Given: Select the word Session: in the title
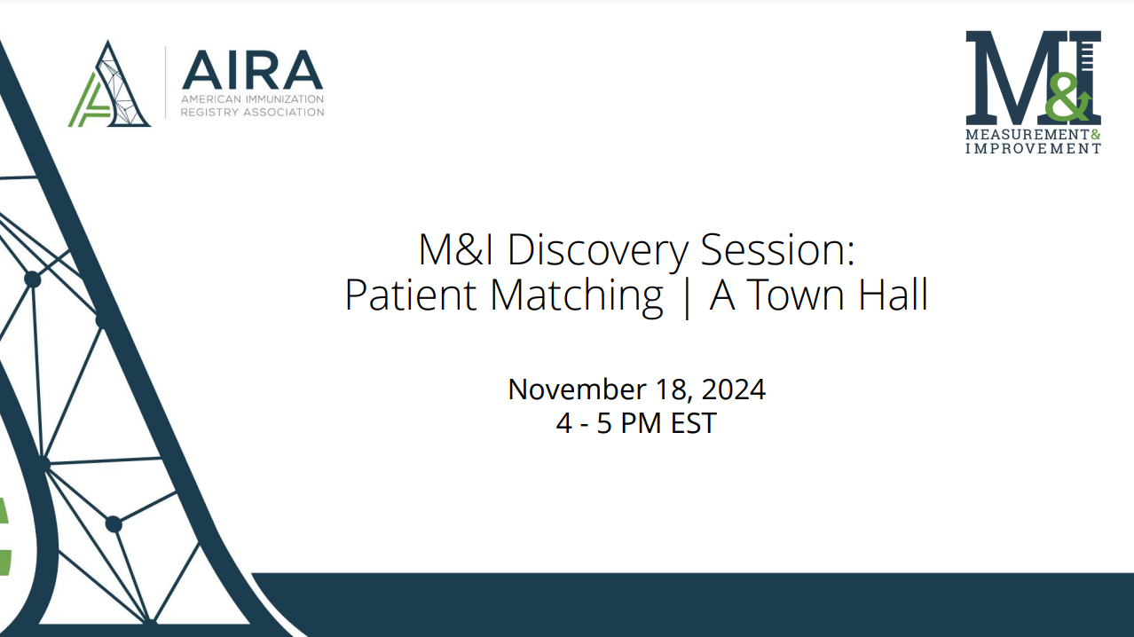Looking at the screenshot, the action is (777, 249).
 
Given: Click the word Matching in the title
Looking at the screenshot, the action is (577, 296).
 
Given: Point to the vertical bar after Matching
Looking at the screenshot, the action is (687, 296).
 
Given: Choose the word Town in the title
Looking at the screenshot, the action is (794, 295).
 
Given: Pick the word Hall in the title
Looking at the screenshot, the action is (893, 294).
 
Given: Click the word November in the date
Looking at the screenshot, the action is (577, 389).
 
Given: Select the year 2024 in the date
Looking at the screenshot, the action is (734, 389).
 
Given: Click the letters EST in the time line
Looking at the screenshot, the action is (694, 423).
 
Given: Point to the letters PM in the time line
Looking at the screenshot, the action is (641, 423).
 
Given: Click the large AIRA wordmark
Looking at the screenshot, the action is (253, 70).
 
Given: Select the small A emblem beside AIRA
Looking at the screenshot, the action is (109, 83).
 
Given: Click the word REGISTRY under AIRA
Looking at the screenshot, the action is (209, 112).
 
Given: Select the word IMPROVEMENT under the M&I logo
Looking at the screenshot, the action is (1033, 148).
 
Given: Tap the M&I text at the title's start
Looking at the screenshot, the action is (455, 249).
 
